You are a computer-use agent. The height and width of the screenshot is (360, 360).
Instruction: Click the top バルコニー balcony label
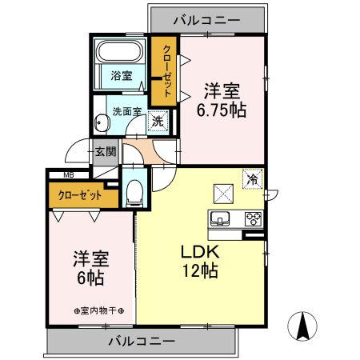tap(207, 18)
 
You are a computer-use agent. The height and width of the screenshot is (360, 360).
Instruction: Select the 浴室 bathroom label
tap(122, 77)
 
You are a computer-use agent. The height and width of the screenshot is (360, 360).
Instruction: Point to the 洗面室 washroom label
tap(126, 111)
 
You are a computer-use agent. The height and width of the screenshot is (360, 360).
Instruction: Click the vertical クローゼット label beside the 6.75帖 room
tap(166, 71)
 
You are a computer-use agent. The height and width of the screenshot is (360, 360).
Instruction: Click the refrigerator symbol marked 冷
tap(253, 179)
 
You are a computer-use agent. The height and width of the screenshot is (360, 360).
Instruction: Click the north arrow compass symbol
tap(304, 326)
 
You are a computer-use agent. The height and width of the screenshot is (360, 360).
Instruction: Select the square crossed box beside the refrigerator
tap(222, 193)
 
